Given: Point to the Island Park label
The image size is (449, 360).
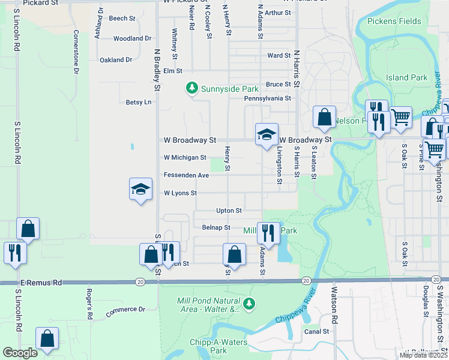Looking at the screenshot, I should click(x=407, y=77).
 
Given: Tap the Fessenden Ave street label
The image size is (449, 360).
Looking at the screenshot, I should click(x=186, y=175).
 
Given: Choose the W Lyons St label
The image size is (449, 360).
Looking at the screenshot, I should click(x=180, y=193).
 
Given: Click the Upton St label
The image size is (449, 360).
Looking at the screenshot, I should click(x=229, y=211).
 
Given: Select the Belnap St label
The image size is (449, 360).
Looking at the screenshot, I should click(x=216, y=227).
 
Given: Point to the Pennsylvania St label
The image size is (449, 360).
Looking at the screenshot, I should click(x=267, y=98).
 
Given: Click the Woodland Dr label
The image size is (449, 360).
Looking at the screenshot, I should click(x=132, y=38).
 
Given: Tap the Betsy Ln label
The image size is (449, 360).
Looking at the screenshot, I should click(x=139, y=102).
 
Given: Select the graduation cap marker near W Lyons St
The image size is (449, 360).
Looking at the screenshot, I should click(x=140, y=190).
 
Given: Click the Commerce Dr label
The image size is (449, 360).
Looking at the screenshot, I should click(x=125, y=310).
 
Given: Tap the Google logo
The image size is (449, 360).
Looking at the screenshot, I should click(x=20, y=353).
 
